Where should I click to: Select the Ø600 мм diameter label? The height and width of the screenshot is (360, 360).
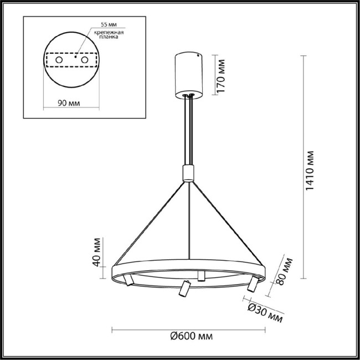pyautogui.click(x=191, y=336)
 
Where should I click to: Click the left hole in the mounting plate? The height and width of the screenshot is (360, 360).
pyautogui.click(x=59, y=59)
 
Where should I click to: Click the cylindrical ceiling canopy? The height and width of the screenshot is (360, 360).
pyautogui.click(x=189, y=74)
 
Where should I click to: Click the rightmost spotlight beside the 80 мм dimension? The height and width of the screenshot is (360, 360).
pyautogui.click(x=253, y=284)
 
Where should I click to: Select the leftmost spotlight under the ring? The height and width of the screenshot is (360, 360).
pyautogui.click(x=128, y=281)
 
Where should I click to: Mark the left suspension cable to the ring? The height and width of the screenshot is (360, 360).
pyautogui.click(x=150, y=222)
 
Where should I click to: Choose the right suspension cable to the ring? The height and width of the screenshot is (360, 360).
pyautogui.click(x=227, y=222)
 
